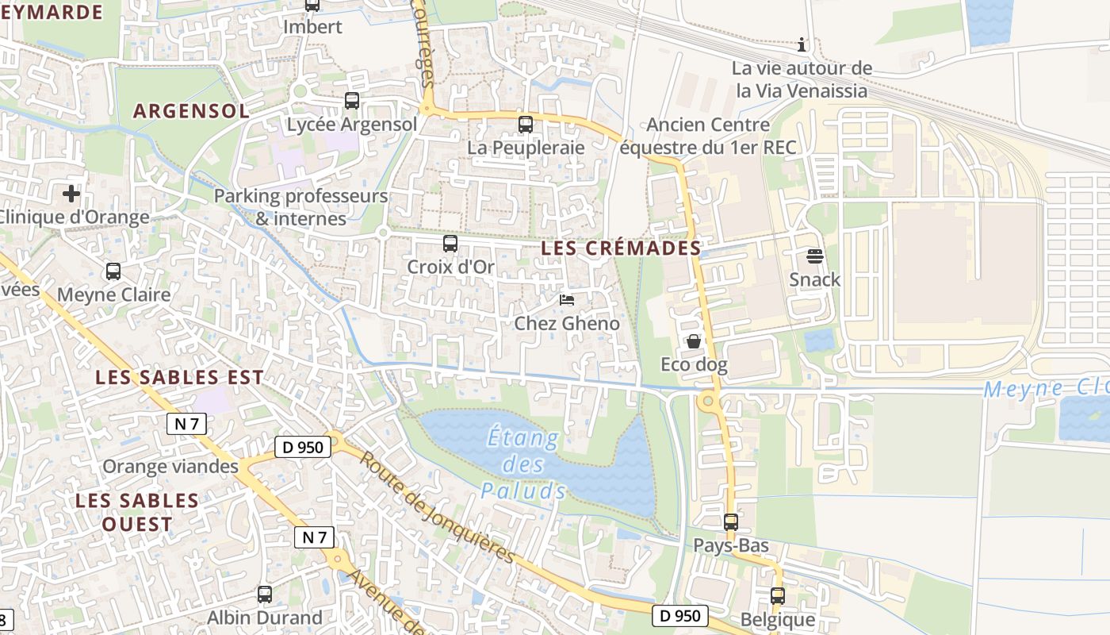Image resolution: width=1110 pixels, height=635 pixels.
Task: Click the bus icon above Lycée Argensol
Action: pos(351,101)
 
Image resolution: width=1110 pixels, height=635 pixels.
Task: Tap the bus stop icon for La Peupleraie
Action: pos(525,124)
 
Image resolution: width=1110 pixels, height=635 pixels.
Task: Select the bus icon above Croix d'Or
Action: pos(450,244)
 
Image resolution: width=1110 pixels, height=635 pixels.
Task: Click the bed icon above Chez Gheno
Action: pos(567,299)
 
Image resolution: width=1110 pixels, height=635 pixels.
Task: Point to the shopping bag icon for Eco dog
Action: pos(694,341)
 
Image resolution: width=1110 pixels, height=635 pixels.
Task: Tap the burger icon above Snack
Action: pos(814,256)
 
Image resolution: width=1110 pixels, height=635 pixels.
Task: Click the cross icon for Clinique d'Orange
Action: pos(71,194)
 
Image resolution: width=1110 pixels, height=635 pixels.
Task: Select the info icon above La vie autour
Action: pos(802,44)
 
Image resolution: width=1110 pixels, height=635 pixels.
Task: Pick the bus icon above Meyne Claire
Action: pos(113,271)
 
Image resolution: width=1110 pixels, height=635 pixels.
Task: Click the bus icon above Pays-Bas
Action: pos(730,522)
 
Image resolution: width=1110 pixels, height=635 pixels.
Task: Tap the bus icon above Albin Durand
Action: pos(264,594)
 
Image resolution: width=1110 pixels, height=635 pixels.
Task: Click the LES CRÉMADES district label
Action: pos(621,248)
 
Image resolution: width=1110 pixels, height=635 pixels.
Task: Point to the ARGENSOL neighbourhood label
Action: pos(191,111)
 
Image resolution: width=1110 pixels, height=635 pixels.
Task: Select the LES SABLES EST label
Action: pos(179,378)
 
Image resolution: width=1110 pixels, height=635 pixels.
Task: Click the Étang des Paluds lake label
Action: pos(522,464)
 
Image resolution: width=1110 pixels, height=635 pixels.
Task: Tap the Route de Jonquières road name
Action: pos(437,506)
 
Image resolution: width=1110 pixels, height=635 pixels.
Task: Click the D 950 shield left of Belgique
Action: pos(679,615)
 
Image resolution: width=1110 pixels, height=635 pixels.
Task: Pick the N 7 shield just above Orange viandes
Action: pos(186,424)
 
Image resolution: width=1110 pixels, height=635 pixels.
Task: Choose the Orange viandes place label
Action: pos(170,466)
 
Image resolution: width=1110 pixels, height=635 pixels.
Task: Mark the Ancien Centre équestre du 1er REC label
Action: pos(708,136)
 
